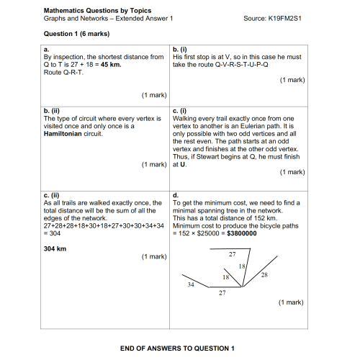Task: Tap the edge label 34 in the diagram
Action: (x=191, y=286)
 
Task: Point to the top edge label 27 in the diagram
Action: (x=232, y=255)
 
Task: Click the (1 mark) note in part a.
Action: (x=155, y=94)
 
